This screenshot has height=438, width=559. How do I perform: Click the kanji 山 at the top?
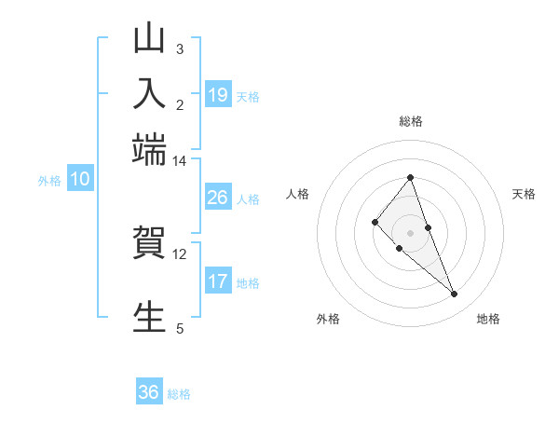(x=149, y=40)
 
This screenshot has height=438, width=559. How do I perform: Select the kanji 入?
(x=149, y=94)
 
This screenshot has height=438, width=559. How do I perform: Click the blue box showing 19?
(x=217, y=94)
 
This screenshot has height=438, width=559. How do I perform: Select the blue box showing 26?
(x=217, y=198)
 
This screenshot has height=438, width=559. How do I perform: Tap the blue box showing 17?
(x=217, y=281)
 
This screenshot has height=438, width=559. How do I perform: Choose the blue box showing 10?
(x=80, y=180)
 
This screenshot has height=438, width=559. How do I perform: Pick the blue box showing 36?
(x=149, y=392)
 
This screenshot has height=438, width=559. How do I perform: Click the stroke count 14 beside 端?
(x=179, y=161)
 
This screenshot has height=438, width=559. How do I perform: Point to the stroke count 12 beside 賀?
(x=179, y=253)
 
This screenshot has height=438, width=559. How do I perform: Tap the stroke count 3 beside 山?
(x=179, y=48)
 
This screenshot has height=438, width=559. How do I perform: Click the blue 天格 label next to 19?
(x=248, y=96)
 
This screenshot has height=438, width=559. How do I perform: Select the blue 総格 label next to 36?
(x=179, y=394)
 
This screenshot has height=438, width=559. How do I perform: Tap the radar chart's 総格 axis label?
(x=410, y=121)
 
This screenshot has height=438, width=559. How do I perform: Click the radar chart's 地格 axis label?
(x=488, y=319)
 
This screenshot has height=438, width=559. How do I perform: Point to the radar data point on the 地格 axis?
(x=455, y=294)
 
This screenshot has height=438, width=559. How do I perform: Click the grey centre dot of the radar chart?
(x=410, y=232)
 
